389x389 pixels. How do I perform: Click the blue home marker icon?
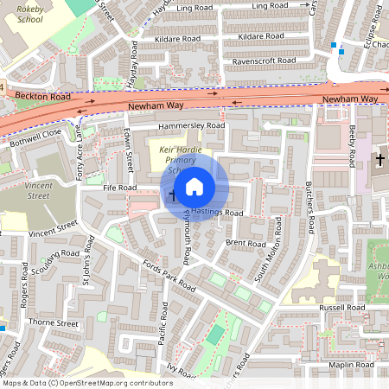click(194, 186)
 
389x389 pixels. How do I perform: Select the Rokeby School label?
click(29, 13)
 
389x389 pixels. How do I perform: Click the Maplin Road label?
click(352, 366)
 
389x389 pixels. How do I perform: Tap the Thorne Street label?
click(54, 323)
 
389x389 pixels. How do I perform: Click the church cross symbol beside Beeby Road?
click(379, 160)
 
